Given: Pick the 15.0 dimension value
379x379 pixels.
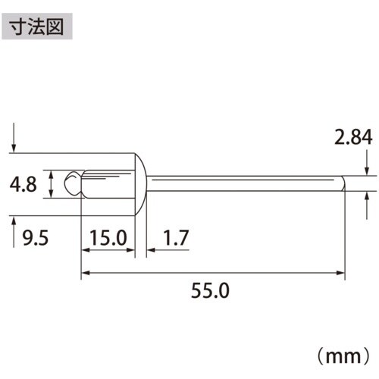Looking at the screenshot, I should tap(107, 240).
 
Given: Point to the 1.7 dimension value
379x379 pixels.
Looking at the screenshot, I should tap(174, 240).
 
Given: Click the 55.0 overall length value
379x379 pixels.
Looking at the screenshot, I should tap(215, 290).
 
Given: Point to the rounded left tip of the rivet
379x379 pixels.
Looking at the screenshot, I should tap(70, 183).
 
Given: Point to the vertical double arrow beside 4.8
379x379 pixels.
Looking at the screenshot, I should tap(50, 184).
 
